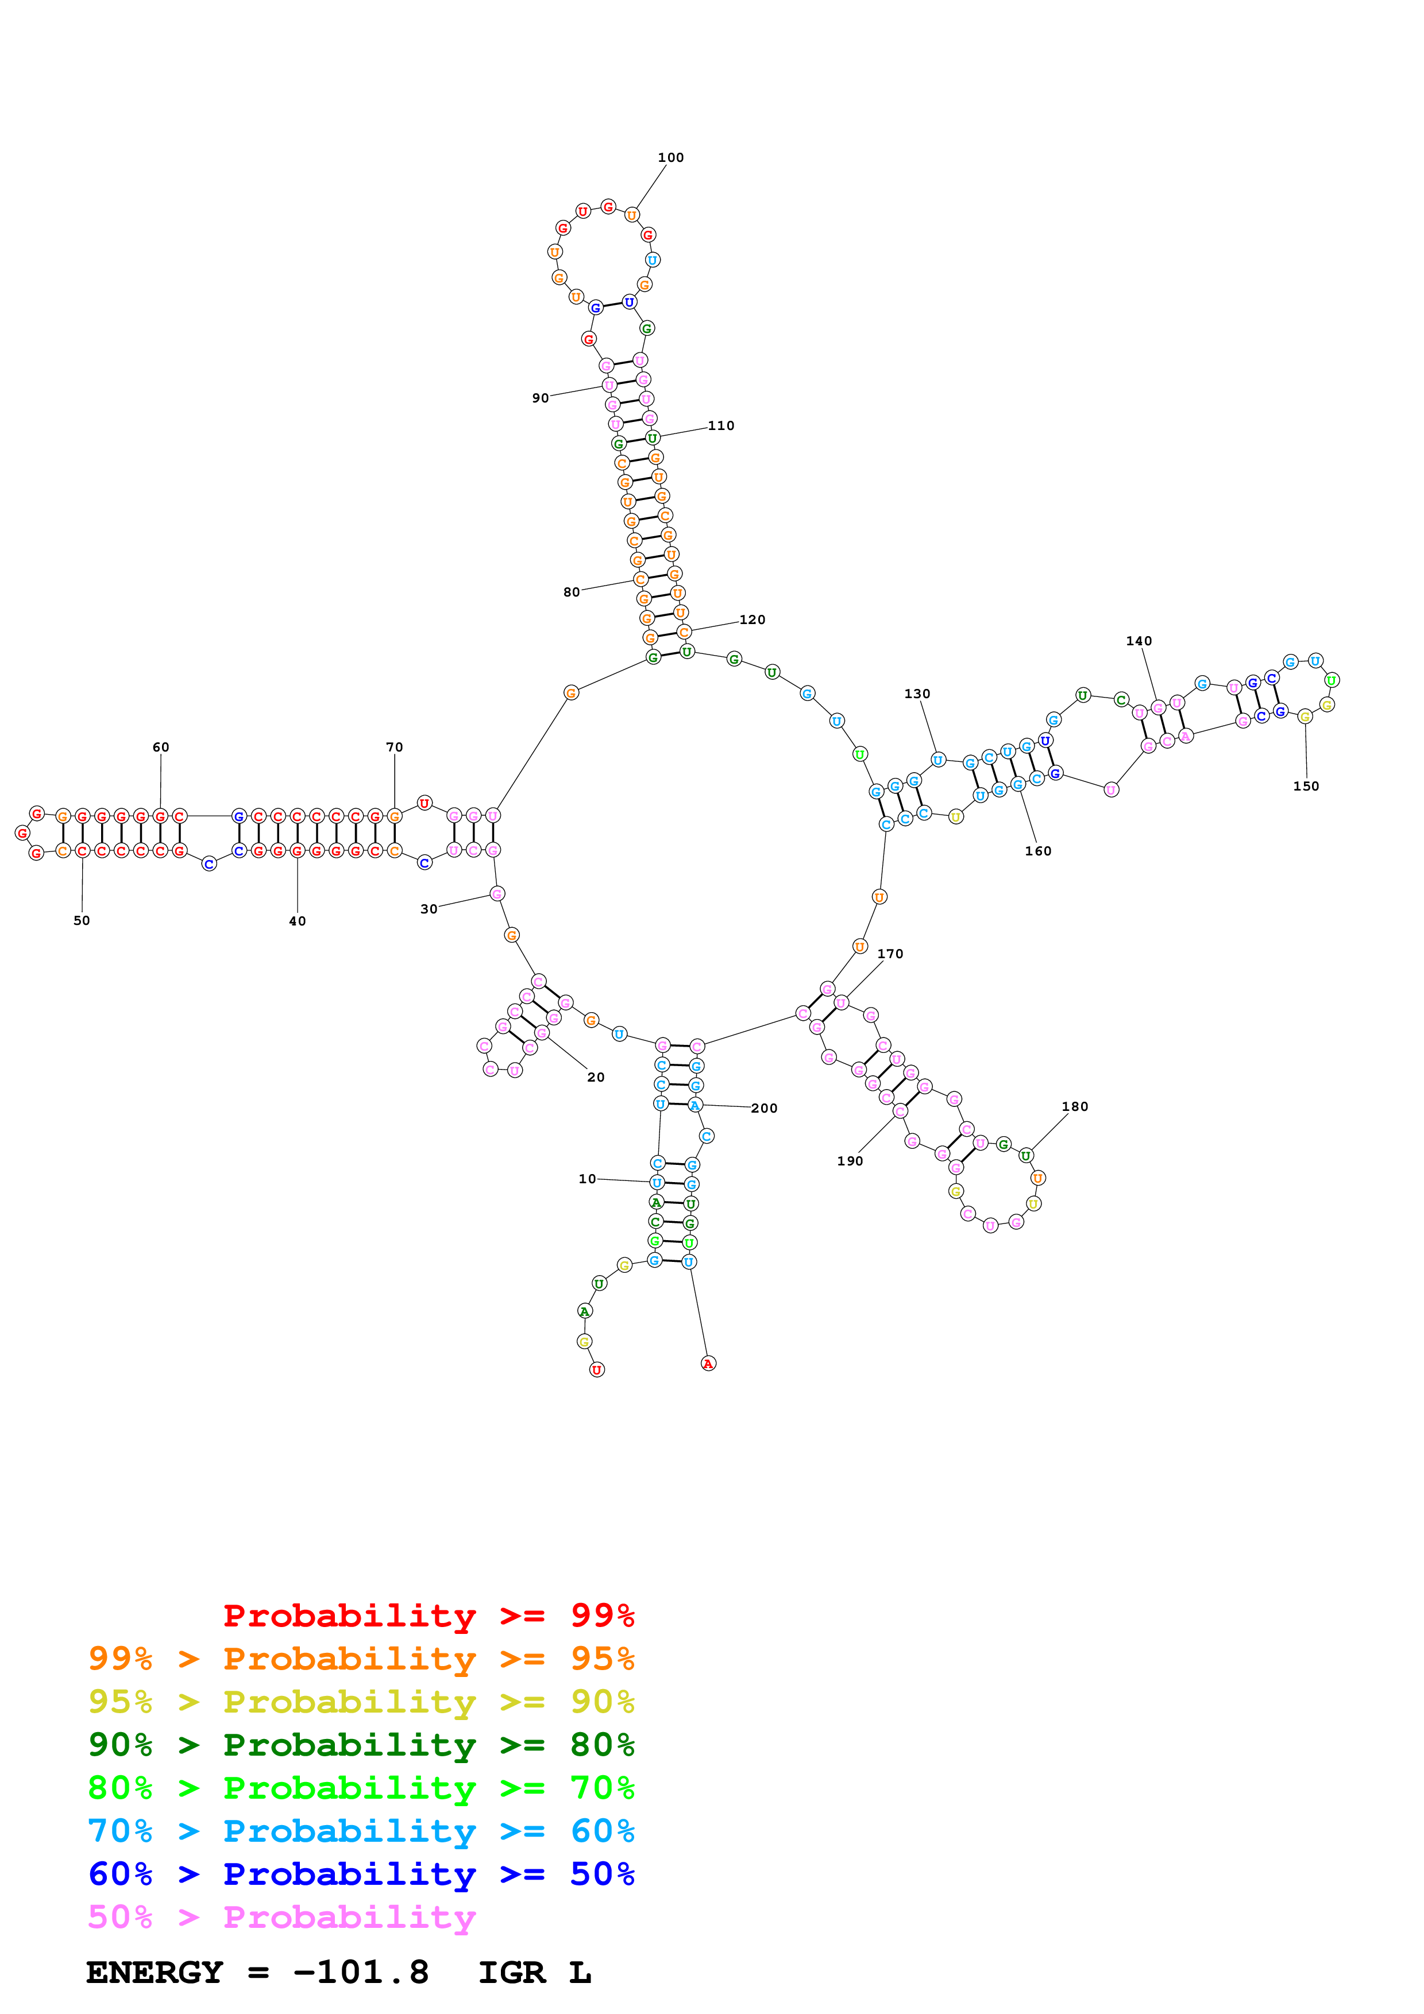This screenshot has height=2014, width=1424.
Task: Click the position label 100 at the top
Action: tap(670, 158)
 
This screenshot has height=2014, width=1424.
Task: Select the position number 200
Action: tap(763, 1108)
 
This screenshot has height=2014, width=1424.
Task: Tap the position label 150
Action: tap(1306, 786)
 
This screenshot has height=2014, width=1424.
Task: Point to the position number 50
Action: tap(82, 920)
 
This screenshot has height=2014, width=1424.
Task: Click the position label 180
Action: tap(1075, 1106)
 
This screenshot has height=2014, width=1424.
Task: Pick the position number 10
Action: tap(587, 1178)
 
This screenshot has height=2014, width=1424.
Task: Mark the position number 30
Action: tap(428, 909)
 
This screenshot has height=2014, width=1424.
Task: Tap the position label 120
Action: tap(752, 619)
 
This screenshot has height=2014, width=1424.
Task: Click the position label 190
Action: tap(850, 1160)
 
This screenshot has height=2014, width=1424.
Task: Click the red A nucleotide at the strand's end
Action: tap(708, 1363)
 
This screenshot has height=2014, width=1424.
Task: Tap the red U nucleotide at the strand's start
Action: tap(597, 1369)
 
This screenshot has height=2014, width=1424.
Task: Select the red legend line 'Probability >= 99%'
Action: tap(428, 1615)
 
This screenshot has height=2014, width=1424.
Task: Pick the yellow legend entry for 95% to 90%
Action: tap(361, 1701)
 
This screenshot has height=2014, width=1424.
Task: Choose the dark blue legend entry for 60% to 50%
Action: tap(361, 1874)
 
